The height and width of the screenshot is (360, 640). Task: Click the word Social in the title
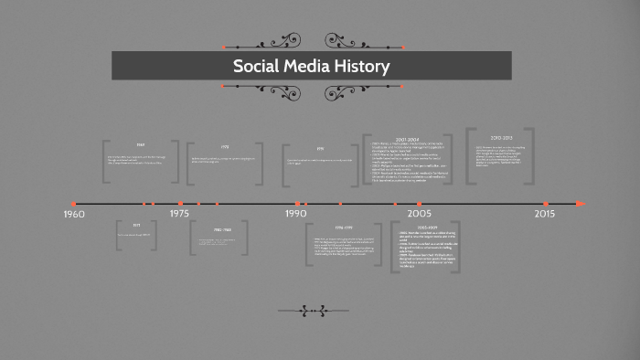(x=256, y=67)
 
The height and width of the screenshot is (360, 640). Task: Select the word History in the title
(x=365, y=67)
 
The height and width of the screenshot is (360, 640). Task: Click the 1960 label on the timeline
(x=74, y=214)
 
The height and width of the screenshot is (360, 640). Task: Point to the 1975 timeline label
(x=179, y=213)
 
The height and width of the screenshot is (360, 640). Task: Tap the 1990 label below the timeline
(x=295, y=213)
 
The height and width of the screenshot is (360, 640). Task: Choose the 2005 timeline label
(x=419, y=213)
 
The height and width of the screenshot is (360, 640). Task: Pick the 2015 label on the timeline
(x=545, y=213)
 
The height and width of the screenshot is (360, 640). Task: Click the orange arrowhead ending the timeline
(x=580, y=203)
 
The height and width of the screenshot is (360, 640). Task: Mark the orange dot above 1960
(x=74, y=203)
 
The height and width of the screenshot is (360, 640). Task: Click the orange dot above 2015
(x=546, y=203)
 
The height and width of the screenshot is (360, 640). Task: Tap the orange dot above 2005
(x=420, y=203)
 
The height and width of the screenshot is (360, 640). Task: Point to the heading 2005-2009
(x=426, y=226)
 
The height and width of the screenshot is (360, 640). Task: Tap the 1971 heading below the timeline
(x=136, y=225)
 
